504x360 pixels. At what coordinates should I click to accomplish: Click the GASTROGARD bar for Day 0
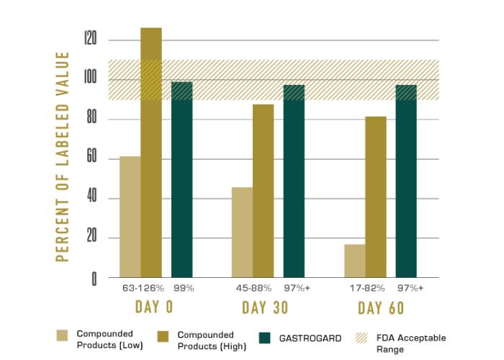182,180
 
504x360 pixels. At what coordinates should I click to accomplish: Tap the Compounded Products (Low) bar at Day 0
130,217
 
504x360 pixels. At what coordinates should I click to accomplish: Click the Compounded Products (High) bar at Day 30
263,191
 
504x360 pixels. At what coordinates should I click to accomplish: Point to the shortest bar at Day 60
354,261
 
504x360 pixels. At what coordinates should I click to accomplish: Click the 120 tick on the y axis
89,40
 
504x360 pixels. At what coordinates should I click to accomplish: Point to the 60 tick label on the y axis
91,159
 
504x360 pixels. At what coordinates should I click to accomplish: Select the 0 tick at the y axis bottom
94,279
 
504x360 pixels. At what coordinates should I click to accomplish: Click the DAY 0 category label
153,308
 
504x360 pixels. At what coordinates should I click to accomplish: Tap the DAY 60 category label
380,308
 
